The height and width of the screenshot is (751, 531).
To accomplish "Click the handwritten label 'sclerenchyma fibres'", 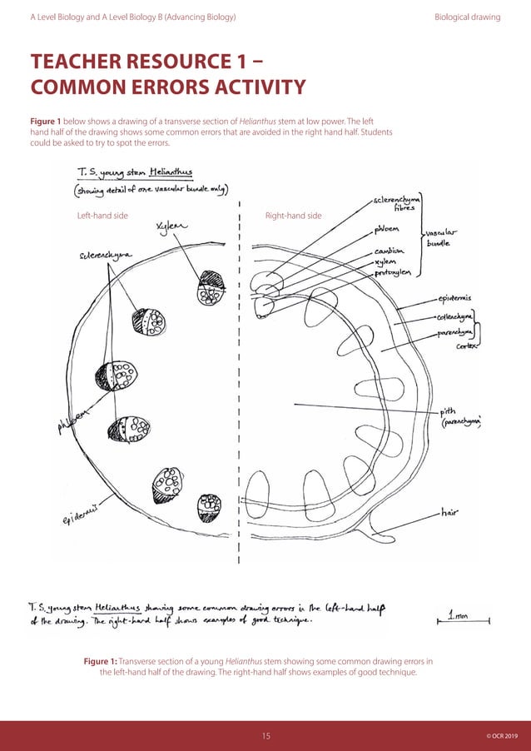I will tap(398, 202).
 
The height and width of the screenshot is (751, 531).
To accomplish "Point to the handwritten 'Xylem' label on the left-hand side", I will tap(172, 226).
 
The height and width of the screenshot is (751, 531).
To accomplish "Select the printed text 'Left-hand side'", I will tap(102, 216).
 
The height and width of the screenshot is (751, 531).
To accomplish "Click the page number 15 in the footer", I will tap(266, 736).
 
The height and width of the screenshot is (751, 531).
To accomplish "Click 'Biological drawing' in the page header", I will tap(467, 17).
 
